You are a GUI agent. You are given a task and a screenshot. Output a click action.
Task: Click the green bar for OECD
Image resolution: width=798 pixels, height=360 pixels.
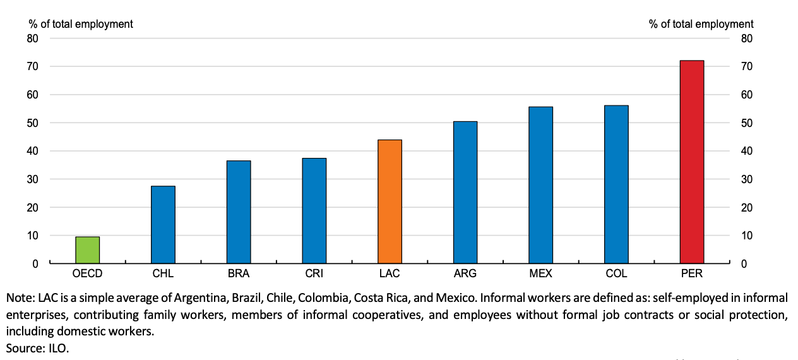pyautogui.click(x=87, y=250)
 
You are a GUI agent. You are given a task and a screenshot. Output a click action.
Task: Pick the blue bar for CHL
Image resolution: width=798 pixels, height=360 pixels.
pyautogui.click(x=163, y=225)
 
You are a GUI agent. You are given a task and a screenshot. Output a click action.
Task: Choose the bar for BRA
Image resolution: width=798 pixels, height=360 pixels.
pyautogui.click(x=239, y=212)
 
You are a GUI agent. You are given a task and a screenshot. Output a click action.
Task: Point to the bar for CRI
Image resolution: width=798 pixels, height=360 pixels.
pyautogui.click(x=314, y=211)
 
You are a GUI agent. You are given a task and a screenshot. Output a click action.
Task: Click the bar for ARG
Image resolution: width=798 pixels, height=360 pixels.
pyautogui.click(x=465, y=193)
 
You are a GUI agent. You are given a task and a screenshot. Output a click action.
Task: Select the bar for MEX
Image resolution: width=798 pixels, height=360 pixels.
pyautogui.click(x=540, y=185)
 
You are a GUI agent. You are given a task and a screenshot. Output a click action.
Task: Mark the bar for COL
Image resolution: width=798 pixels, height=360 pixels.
pyautogui.click(x=616, y=184)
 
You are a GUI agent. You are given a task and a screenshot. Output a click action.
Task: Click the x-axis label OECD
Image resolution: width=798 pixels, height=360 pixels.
pyautogui.click(x=87, y=273)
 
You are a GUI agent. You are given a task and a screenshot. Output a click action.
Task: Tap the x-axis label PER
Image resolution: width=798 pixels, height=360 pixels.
pyautogui.click(x=692, y=273)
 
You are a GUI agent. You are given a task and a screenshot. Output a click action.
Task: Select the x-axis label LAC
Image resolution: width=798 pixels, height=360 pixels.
pyautogui.click(x=390, y=273)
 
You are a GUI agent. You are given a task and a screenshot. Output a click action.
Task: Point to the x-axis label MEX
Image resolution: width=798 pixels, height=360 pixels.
pyautogui.click(x=540, y=273)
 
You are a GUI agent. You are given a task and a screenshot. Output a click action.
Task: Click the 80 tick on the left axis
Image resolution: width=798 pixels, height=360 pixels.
pyautogui.click(x=33, y=39)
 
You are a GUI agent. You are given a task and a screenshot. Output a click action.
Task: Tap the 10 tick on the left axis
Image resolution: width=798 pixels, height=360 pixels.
pyautogui.click(x=33, y=236)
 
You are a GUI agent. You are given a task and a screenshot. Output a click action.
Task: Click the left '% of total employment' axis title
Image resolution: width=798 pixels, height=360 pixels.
pyautogui.click(x=81, y=24)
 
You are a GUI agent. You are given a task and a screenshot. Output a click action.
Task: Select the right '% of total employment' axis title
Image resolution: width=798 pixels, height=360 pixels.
pyautogui.click(x=701, y=24)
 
